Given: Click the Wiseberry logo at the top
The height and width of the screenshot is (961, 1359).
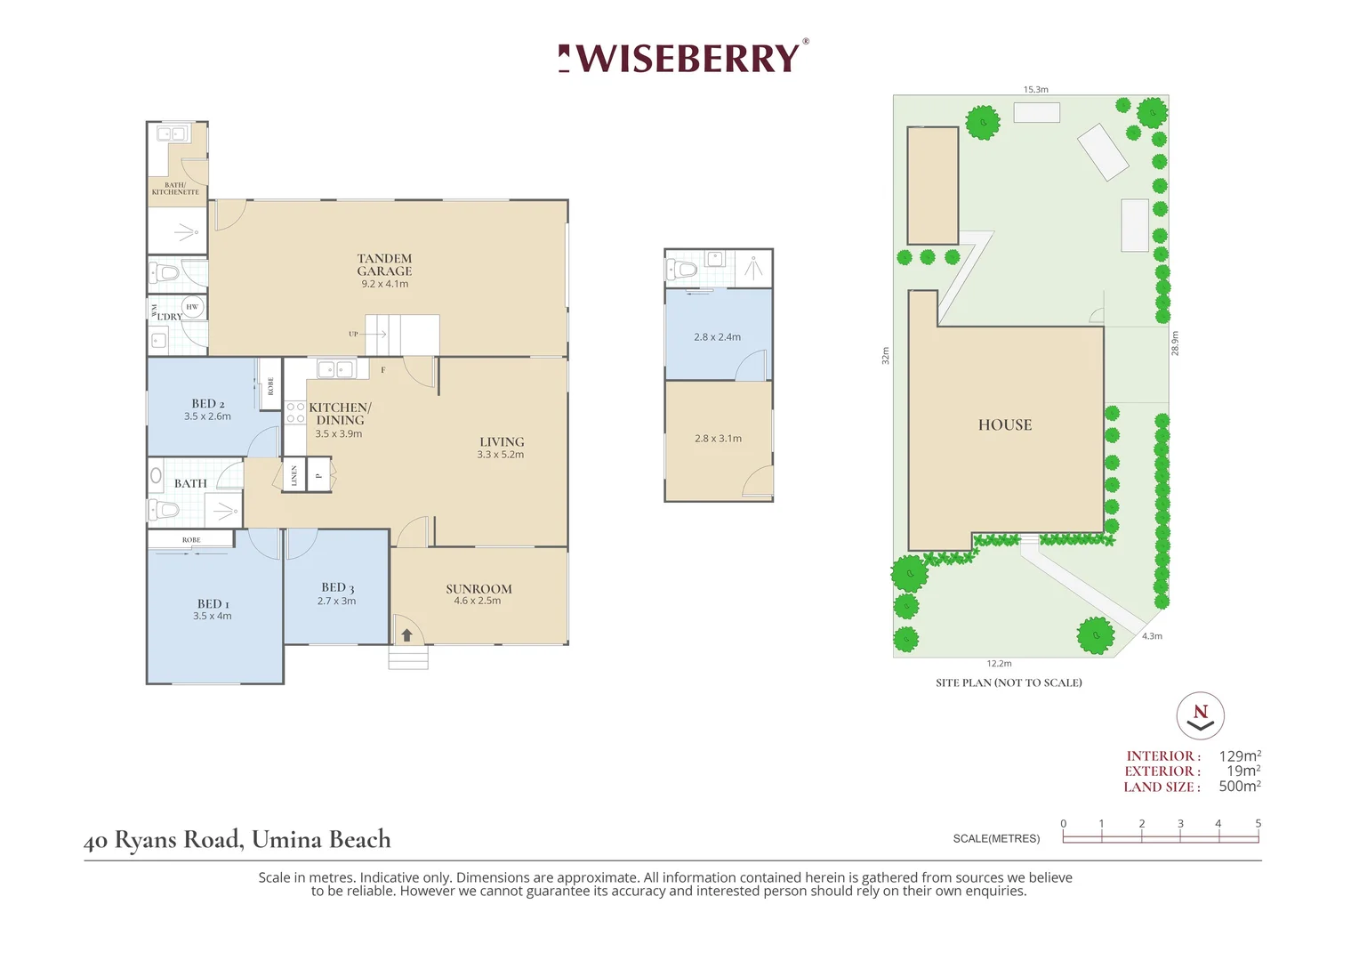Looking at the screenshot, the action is click(x=683, y=58).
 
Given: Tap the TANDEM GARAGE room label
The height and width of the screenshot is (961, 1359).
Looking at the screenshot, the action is click(x=384, y=265).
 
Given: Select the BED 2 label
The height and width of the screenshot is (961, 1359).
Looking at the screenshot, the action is click(x=208, y=404).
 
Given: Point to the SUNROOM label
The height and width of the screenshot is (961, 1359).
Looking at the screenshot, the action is click(x=478, y=589).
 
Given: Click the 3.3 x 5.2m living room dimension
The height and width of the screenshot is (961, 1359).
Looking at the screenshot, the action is click(x=500, y=455).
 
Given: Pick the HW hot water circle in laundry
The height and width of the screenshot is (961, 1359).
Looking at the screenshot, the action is click(x=192, y=307).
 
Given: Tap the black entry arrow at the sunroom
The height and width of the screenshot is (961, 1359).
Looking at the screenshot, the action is click(x=406, y=635).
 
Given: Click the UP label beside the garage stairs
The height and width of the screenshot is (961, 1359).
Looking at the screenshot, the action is click(x=353, y=334).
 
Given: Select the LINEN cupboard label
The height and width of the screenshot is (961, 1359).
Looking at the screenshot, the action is click(x=294, y=475).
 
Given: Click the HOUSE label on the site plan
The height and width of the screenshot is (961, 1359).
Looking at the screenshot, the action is click(x=1005, y=425).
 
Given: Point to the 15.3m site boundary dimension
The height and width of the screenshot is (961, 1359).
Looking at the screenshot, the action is click(x=1035, y=90).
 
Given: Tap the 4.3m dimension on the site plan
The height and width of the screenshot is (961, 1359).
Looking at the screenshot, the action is click(x=1152, y=636).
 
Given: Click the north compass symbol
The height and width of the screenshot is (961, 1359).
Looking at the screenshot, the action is click(x=1201, y=715).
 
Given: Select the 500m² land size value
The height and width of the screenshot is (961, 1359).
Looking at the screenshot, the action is click(x=1240, y=787).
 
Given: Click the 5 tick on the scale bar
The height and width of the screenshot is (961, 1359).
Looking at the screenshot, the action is click(x=1258, y=824).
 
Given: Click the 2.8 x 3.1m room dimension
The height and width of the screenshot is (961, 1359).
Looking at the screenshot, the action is click(x=718, y=439).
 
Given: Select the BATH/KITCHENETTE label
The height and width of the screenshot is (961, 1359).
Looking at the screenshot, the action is click(x=175, y=189).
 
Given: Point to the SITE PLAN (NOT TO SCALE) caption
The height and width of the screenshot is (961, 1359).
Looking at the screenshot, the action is click(x=1009, y=682).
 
